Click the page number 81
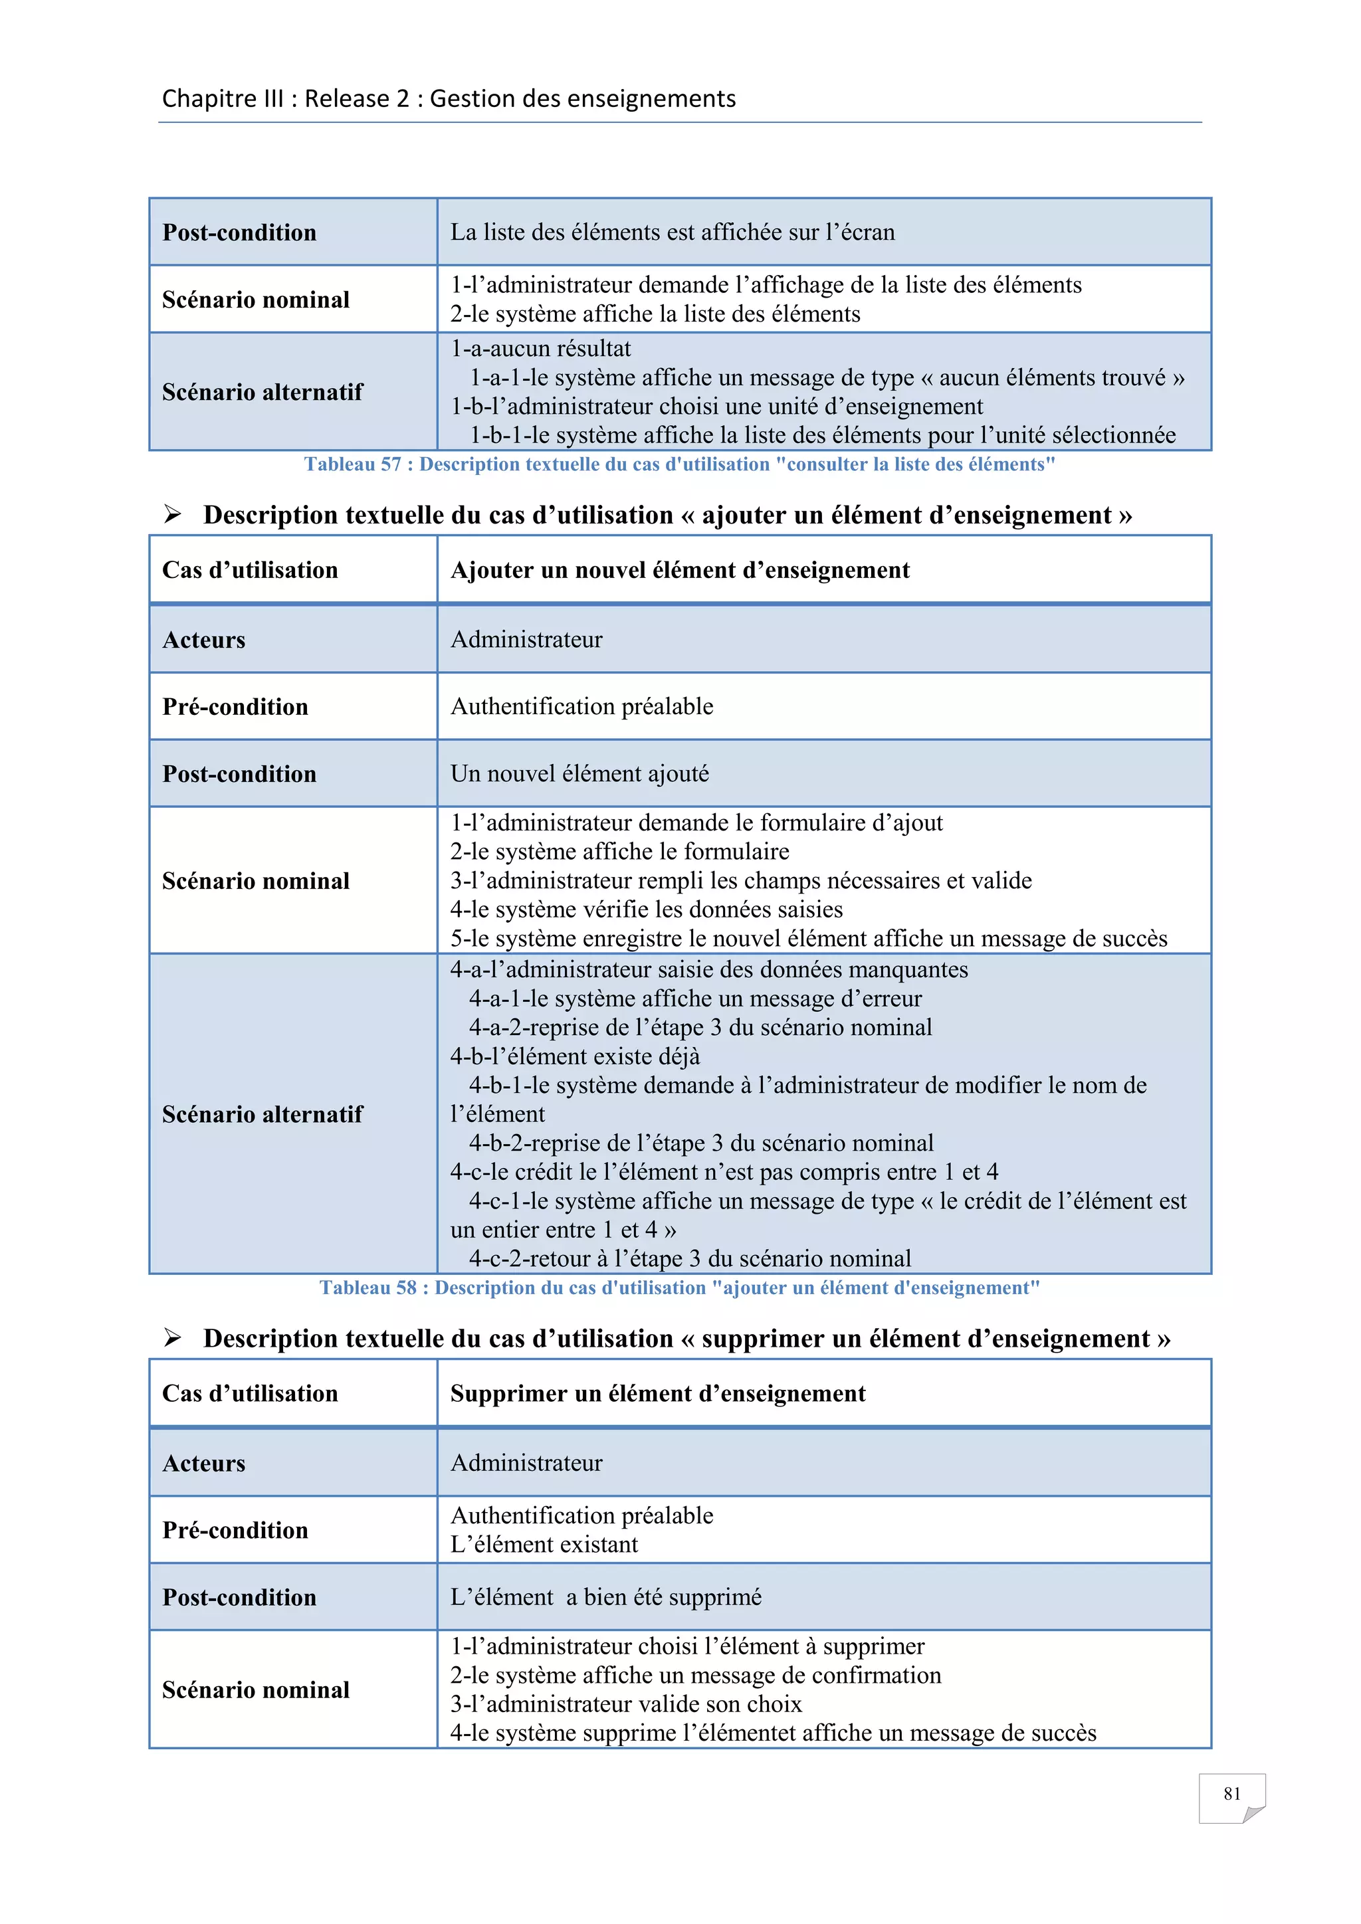[1231, 1793]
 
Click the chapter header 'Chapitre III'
[223, 99]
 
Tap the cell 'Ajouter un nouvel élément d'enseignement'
[680, 570]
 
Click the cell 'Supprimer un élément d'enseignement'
[658, 1394]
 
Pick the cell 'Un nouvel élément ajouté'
[579, 773]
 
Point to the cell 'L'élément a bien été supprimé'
[605, 1597]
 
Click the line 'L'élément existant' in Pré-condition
[544, 1545]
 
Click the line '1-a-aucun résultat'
[540, 349]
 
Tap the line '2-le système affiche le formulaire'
[619, 852]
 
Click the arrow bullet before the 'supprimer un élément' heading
[173, 1338]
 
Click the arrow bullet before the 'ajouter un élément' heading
[173, 514]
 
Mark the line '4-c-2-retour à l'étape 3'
[689, 1259]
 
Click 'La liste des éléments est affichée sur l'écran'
[672, 232]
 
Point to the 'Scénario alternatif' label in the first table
[262, 392]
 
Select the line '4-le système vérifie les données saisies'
[646, 910]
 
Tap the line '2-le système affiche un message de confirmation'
[696, 1675]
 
